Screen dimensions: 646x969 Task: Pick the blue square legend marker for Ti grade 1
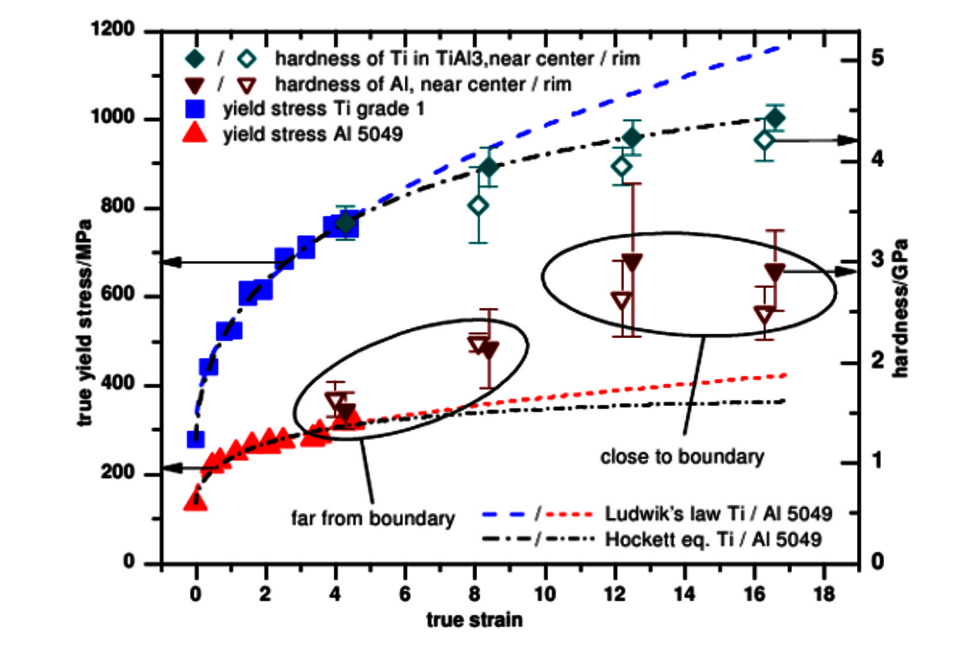coord(195,108)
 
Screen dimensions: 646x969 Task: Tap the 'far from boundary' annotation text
coord(373,518)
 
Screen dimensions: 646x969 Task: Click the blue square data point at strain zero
coord(195,439)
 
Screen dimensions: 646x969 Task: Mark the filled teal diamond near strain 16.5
coord(774,118)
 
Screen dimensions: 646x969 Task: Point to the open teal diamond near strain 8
coord(478,205)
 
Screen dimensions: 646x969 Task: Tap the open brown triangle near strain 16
coord(764,314)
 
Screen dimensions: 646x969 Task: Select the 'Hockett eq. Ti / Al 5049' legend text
coord(715,540)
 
